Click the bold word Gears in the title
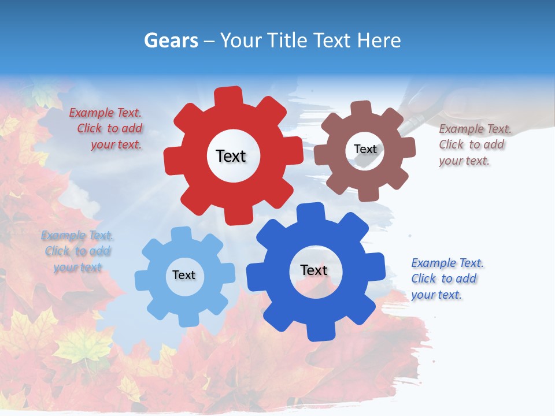[x=170, y=40]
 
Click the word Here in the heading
[x=379, y=40]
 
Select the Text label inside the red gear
[x=231, y=156]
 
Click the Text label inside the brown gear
[x=365, y=149]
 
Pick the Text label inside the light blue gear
[x=184, y=275]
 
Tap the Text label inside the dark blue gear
[x=314, y=270]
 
